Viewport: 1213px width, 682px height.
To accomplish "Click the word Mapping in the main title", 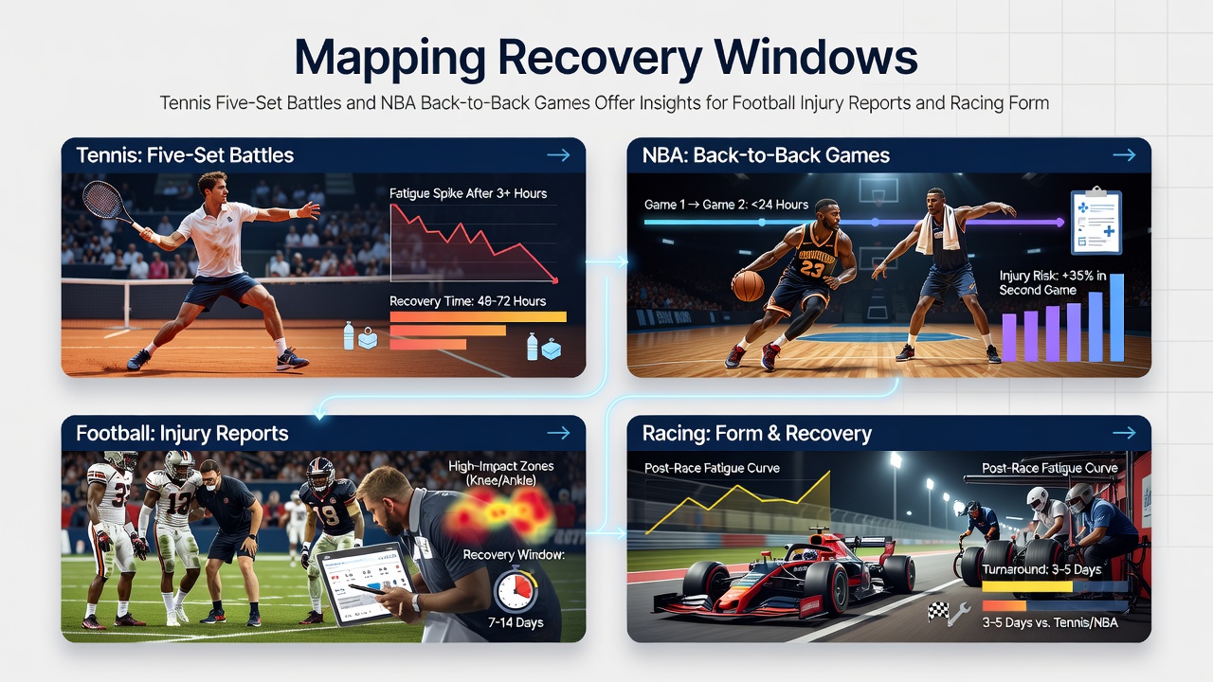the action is (x=389, y=60).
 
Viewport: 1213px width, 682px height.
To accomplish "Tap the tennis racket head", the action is (x=102, y=199).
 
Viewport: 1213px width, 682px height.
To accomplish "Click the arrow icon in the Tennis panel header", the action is (x=558, y=155).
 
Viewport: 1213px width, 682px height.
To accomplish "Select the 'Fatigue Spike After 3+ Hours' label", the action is (x=468, y=193).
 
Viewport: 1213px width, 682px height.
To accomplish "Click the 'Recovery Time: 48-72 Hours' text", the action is (x=467, y=301).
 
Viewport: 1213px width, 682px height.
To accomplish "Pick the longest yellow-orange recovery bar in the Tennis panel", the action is (x=478, y=317).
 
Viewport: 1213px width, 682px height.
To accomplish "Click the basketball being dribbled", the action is (x=748, y=285).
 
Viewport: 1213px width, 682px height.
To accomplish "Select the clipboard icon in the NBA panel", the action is (x=1096, y=221).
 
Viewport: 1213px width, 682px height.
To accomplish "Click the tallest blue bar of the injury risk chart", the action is (x=1116, y=317).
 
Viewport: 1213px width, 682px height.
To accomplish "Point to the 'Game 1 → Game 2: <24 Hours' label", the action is (x=726, y=205).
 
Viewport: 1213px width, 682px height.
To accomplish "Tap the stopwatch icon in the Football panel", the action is (x=516, y=589).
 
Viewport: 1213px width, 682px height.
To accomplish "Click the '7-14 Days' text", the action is (x=516, y=622).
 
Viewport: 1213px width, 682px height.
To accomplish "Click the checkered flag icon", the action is (x=938, y=612).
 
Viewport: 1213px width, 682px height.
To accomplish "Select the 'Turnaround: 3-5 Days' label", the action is (x=1041, y=569).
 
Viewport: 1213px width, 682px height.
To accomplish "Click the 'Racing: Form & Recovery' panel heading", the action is (x=757, y=434).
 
